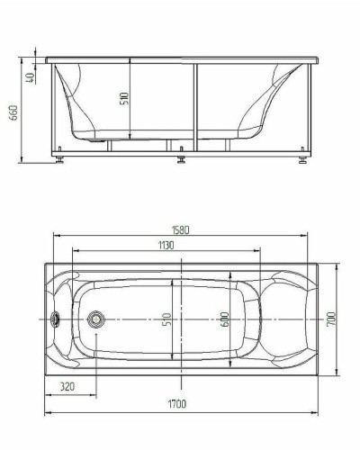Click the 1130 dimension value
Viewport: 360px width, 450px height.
[166, 245]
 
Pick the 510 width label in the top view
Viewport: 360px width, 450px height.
[167, 319]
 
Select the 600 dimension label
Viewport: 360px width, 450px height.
[223, 319]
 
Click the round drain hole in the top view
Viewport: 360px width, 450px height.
[94, 319]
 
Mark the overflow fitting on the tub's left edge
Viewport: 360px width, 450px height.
[57, 319]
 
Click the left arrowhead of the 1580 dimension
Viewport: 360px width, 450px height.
[57, 237]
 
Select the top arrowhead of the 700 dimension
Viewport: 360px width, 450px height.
[338, 265]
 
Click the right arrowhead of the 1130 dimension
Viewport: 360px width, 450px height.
[262, 251]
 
